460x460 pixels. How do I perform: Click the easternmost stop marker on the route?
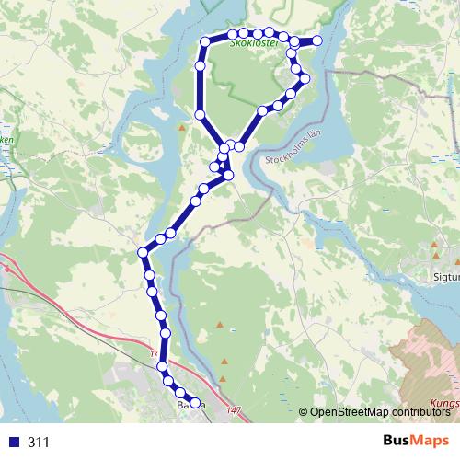(x=318, y=40)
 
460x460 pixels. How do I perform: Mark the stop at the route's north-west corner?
(x=205, y=41)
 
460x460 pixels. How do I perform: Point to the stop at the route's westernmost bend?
(x=143, y=252)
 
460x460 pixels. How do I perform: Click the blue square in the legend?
(x=15, y=442)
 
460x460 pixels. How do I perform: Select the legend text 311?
(x=40, y=442)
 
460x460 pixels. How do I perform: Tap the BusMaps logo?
(x=416, y=441)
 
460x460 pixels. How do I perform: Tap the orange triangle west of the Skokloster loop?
(x=182, y=128)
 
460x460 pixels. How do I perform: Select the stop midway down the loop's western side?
(x=200, y=114)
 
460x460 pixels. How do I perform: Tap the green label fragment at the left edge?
(x=7, y=140)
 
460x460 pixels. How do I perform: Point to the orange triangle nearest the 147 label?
(x=224, y=362)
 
